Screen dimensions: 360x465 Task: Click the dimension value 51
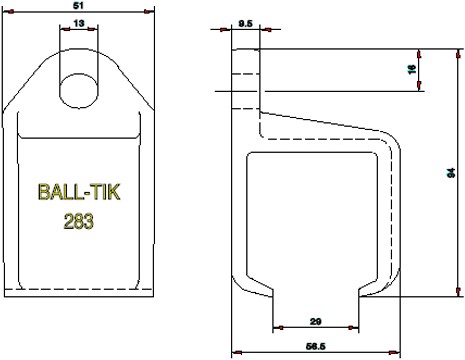click(80, 5)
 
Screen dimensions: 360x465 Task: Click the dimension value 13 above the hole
click(80, 22)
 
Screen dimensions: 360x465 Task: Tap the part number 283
click(78, 222)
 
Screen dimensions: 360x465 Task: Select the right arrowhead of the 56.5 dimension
click(397, 353)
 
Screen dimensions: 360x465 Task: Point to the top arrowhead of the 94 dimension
click(456, 50)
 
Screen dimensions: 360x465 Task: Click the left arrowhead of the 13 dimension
click(64, 29)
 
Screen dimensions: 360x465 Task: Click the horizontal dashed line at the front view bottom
click(80, 288)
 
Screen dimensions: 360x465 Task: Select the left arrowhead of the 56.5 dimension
click(236, 353)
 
